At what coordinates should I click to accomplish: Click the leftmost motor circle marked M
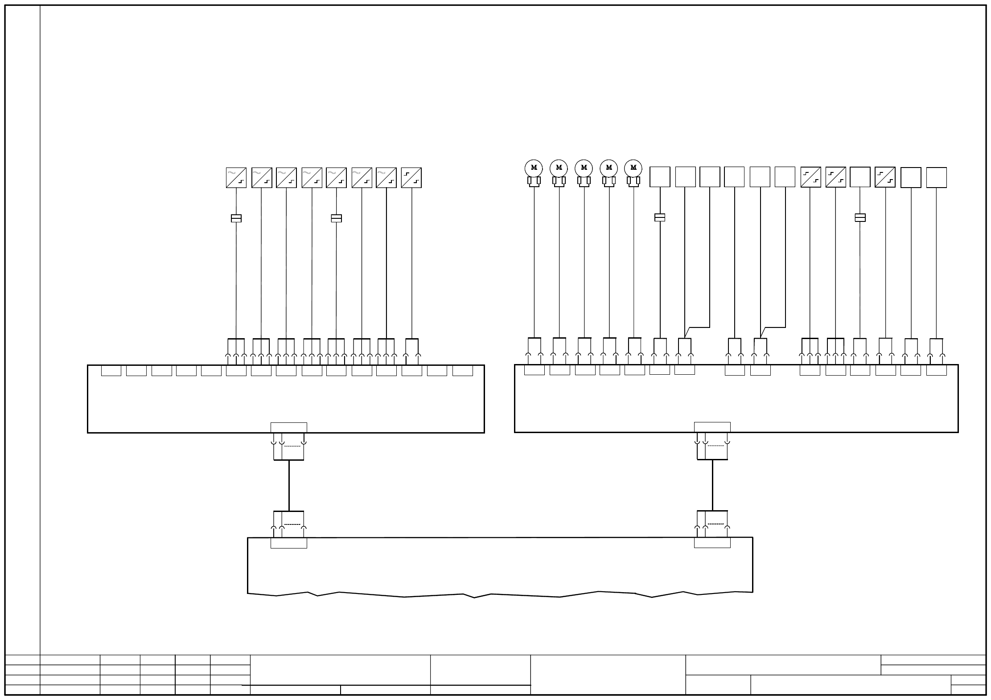534,168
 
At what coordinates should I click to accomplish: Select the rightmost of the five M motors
633,168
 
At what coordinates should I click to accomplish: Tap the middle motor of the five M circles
584,168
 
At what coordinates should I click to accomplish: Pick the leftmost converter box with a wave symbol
236,178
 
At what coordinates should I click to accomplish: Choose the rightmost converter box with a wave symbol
386,178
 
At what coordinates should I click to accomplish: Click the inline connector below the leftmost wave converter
236,218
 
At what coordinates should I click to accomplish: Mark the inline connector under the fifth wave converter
336,218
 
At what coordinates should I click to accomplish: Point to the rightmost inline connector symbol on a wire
860,217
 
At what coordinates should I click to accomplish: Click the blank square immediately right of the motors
660,177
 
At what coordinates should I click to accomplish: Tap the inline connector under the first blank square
660,217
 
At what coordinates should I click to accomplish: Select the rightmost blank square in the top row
936,177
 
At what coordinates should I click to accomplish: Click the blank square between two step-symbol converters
860,177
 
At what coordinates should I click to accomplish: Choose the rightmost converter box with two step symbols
885,177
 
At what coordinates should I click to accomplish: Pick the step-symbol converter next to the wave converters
411,178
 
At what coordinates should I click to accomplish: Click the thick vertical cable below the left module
289,485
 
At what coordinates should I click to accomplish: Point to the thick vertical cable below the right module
712,485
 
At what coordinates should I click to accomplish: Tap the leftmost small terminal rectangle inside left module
111,371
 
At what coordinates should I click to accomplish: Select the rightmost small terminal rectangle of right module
936,370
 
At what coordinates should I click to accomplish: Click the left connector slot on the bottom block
289,543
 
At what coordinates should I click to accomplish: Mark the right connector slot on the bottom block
712,543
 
